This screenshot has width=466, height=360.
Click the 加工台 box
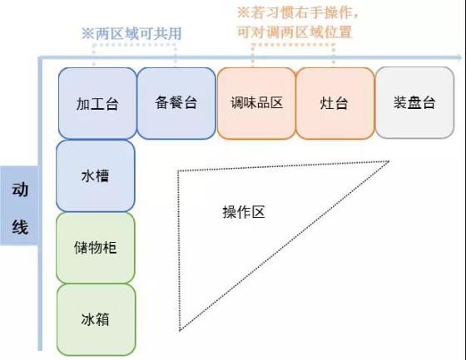coord(97,103)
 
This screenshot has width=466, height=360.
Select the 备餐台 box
coord(176,103)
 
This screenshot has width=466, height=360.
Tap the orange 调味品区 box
coord(256,103)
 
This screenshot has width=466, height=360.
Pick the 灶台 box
coord(335,103)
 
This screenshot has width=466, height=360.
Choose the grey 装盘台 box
coord(414,102)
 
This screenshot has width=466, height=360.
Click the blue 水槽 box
coord(96,175)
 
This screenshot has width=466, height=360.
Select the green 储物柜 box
coord(96,248)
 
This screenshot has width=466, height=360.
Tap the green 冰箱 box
coord(96,319)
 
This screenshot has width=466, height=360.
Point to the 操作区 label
coord(244,212)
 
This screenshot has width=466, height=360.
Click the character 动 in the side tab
coord(20,190)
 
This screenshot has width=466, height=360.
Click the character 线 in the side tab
coord(20,227)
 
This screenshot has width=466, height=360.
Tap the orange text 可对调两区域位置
coord(295,32)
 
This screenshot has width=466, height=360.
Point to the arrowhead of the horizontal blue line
coord(459,57)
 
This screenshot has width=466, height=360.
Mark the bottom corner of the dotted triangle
coord(180,330)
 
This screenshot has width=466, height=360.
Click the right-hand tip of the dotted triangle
coord(389,161)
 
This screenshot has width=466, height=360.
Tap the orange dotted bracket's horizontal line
coord(293,45)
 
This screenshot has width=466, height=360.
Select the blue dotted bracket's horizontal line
coord(134,45)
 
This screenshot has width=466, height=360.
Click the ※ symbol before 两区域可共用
coord(88,33)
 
